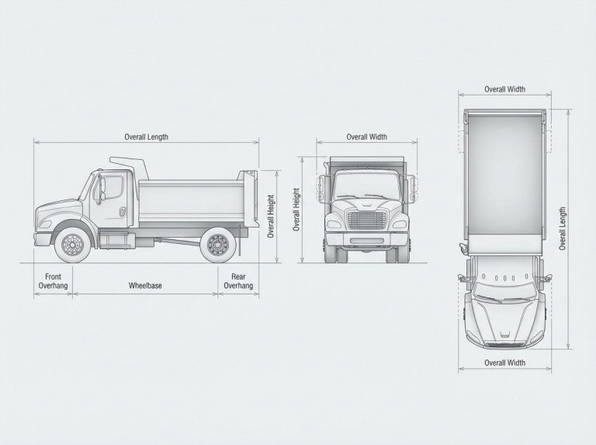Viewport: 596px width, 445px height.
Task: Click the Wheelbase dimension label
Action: tap(145, 286)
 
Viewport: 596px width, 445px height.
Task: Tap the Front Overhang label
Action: tap(54, 281)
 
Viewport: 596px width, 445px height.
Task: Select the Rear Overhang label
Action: tap(238, 281)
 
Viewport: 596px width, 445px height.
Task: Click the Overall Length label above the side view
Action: tap(147, 137)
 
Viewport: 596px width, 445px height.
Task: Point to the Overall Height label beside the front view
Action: tap(296, 209)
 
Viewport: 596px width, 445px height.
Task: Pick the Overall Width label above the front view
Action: tap(367, 137)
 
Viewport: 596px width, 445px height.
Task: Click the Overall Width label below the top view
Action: tap(504, 363)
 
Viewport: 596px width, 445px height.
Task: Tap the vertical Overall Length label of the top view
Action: tap(563, 228)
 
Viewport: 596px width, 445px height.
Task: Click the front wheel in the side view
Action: tap(73, 245)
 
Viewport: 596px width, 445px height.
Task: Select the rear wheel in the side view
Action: tap(218, 245)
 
